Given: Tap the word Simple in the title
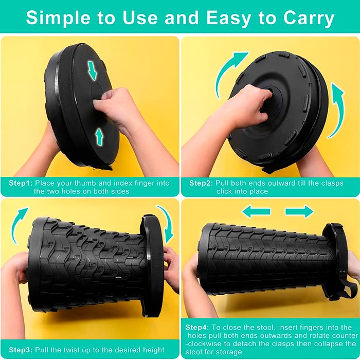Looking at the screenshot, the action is [x=58, y=18].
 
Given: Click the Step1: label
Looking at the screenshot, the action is [x=21, y=183].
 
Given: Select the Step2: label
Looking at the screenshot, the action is [x=201, y=183].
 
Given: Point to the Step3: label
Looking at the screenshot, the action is [x=21, y=350].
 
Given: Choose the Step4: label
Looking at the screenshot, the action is [x=197, y=328].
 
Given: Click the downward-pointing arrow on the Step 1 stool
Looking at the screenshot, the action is [x=93, y=70].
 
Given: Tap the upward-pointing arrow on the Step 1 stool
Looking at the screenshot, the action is [x=99, y=137].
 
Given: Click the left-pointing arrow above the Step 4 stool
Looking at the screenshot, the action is [x=256, y=211].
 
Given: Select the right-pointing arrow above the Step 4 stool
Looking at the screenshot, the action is [x=299, y=211].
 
